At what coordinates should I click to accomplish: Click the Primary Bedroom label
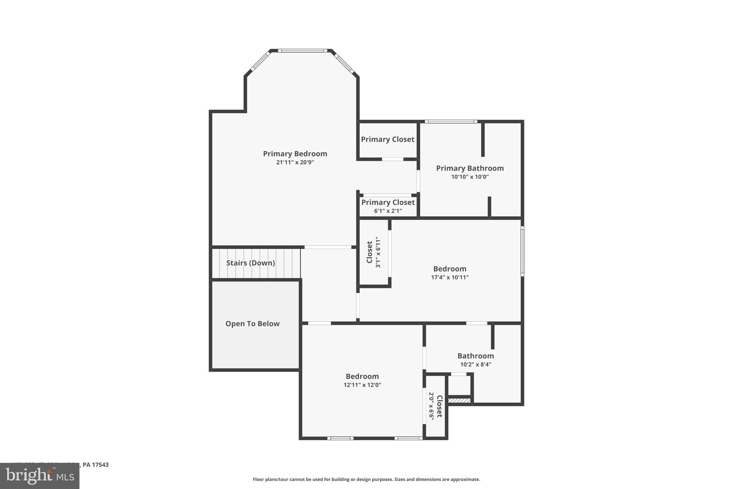click(x=295, y=154)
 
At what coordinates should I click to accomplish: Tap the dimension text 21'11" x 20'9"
click(x=295, y=162)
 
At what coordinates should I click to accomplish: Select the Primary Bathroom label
click(x=470, y=168)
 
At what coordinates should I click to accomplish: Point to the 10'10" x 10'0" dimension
click(x=470, y=177)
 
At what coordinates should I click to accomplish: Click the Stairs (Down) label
click(x=251, y=263)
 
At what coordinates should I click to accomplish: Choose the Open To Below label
click(x=252, y=324)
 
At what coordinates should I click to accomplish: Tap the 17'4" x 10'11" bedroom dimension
click(x=450, y=277)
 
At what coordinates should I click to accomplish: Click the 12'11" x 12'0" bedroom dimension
click(x=362, y=385)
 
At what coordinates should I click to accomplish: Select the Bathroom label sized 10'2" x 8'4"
click(x=475, y=356)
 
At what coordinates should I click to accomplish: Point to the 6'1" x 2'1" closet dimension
click(x=388, y=211)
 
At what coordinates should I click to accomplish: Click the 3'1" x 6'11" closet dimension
click(x=378, y=252)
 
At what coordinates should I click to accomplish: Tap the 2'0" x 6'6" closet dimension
click(x=431, y=406)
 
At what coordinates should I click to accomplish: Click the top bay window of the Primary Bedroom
click(x=302, y=51)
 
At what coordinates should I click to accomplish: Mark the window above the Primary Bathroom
click(x=451, y=121)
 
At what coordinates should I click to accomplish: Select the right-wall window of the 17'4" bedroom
click(x=522, y=251)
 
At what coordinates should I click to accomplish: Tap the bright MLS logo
click(x=40, y=476)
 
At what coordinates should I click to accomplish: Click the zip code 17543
click(x=100, y=465)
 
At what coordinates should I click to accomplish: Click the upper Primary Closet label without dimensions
click(x=387, y=139)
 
